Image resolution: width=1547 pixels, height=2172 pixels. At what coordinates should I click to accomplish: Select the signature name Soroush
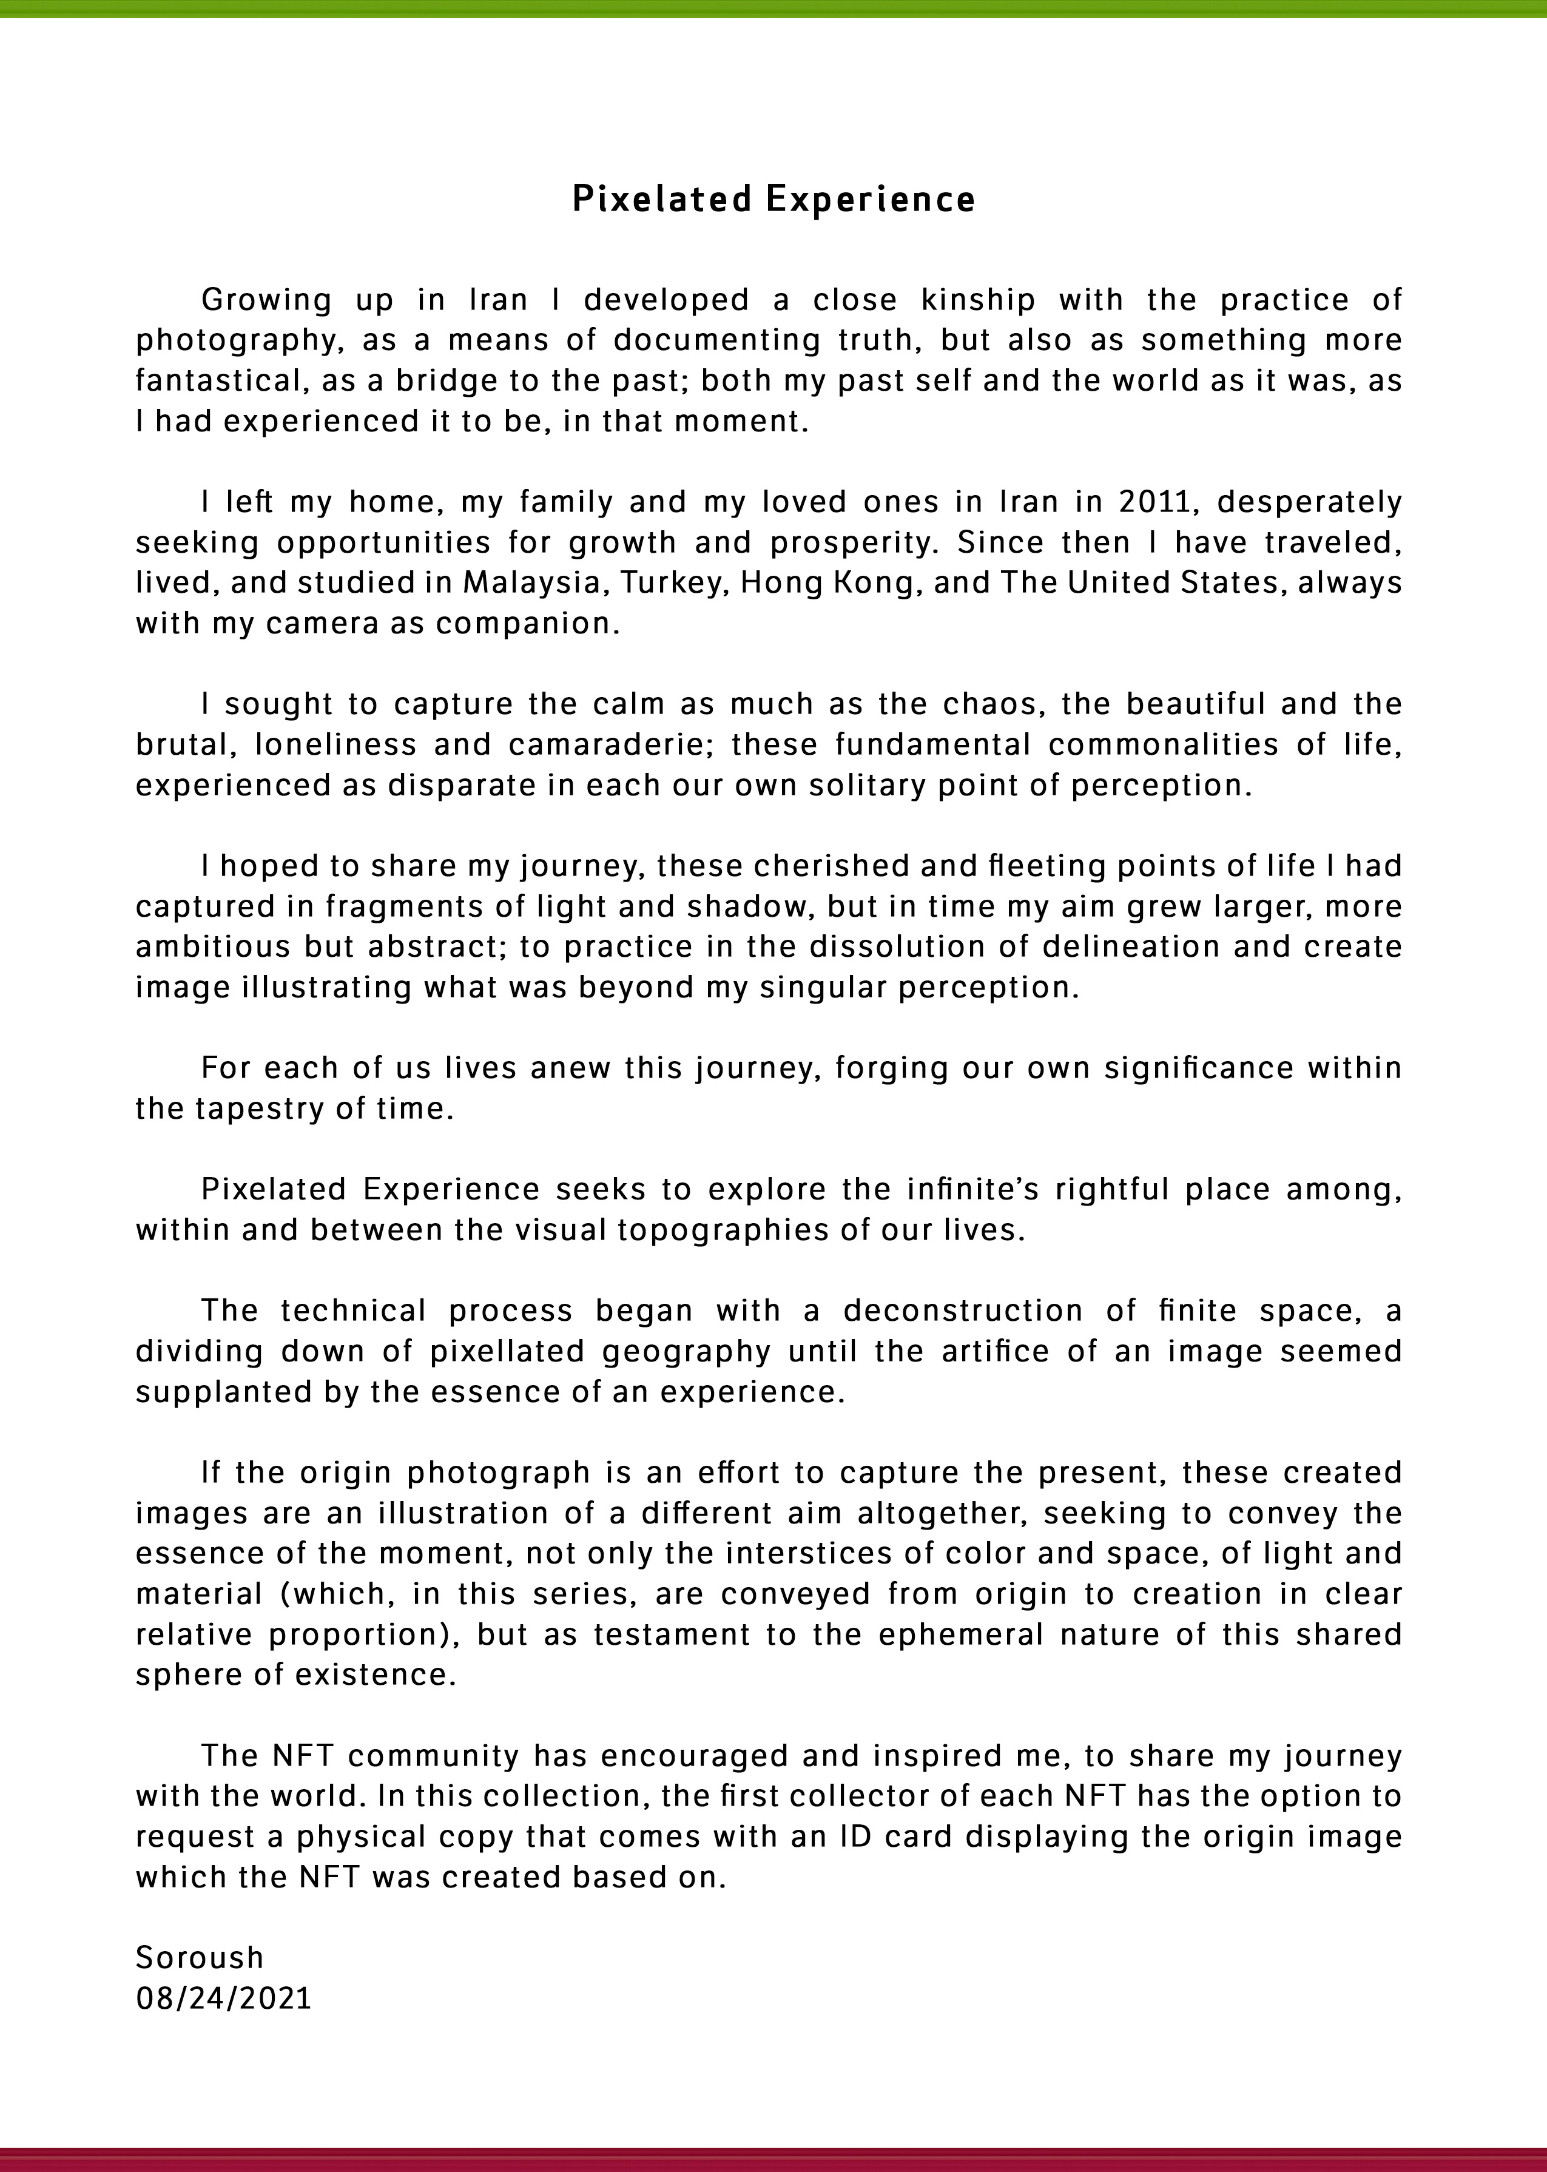coord(199,1958)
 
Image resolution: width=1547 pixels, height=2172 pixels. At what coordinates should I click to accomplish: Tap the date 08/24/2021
coord(224,1998)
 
